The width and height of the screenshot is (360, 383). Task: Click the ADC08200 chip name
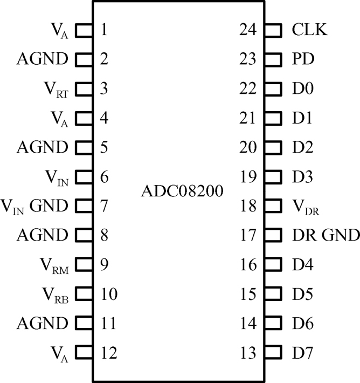[x=180, y=191]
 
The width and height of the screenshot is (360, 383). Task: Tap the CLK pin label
[x=309, y=29]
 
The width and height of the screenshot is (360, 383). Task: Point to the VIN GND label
[x=34, y=206]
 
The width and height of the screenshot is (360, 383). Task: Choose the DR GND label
[x=326, y=235]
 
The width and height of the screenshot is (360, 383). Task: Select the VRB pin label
[x=55, y=295]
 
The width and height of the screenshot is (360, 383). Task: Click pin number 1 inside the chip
[x=103, y=29]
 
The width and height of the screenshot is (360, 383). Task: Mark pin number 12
[x=109, y=353]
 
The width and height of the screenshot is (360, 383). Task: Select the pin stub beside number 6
[x=84, y=176]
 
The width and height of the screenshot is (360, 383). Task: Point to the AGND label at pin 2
[x=43, y=59]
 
